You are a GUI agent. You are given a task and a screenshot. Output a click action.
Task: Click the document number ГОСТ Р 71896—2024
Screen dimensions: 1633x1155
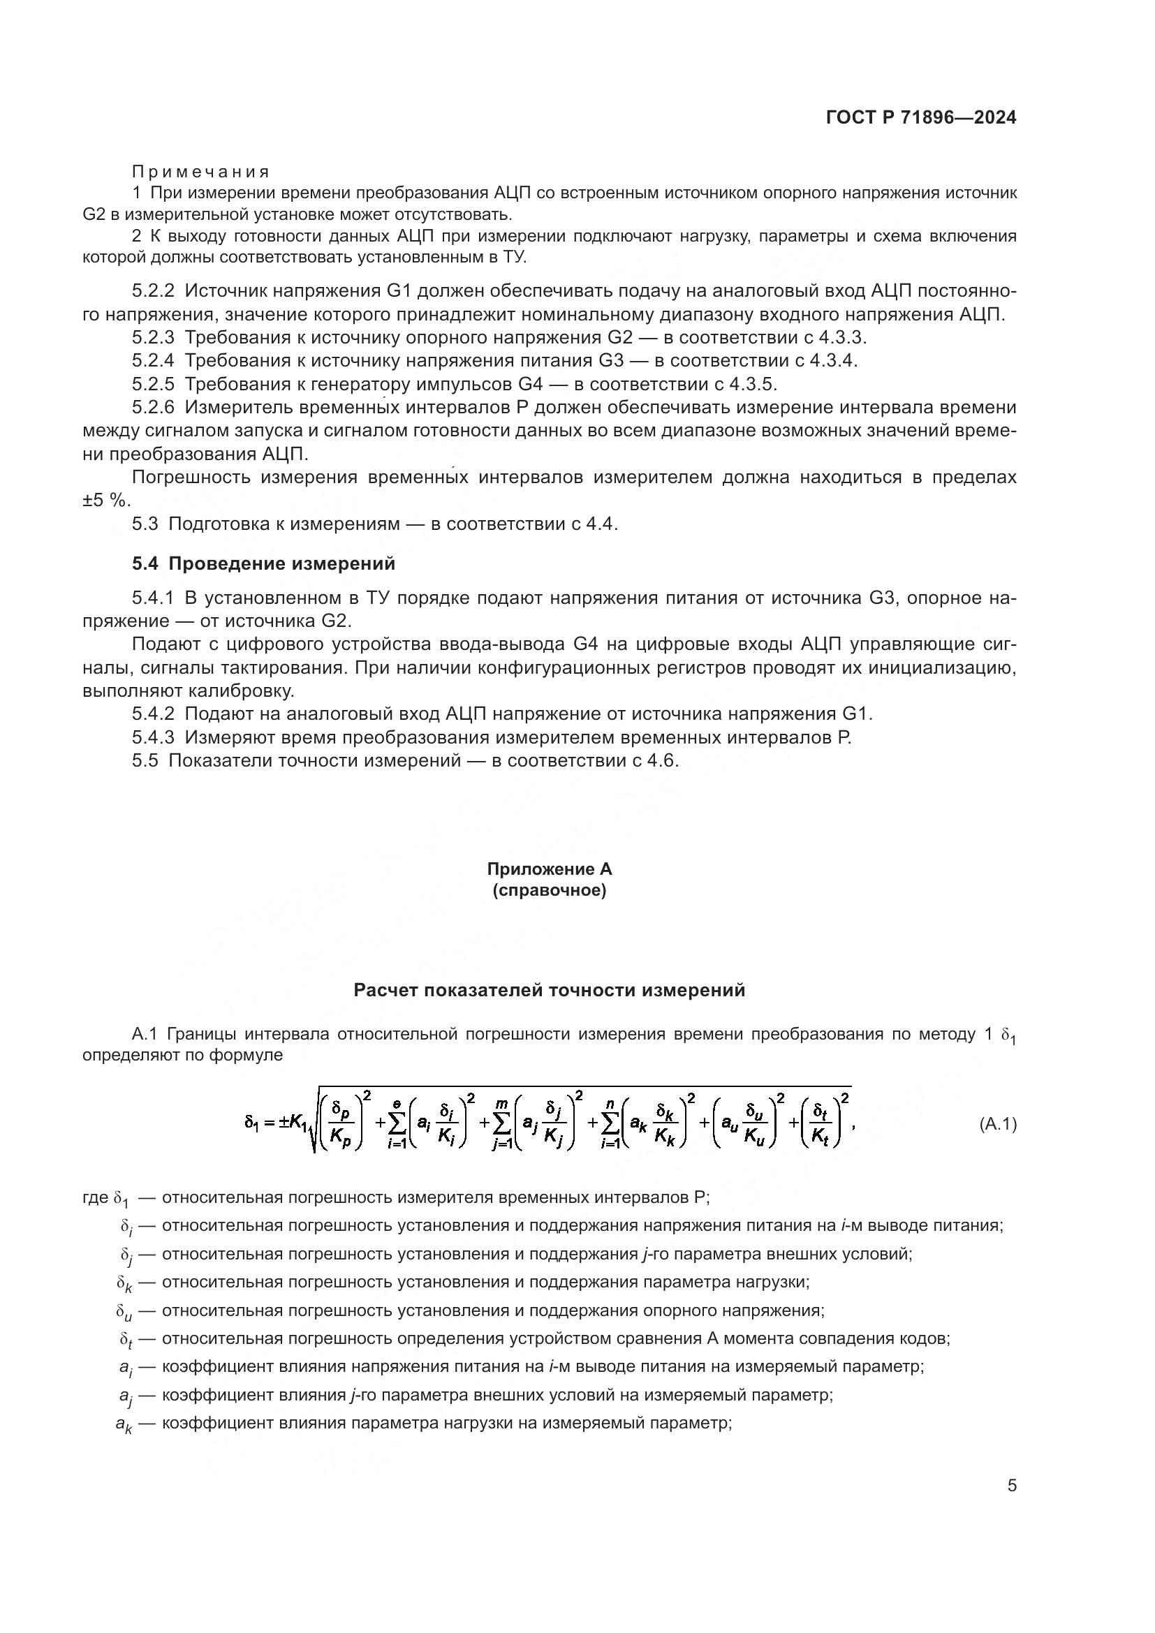point(921,117)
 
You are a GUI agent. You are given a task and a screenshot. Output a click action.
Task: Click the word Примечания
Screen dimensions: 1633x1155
point(200,172)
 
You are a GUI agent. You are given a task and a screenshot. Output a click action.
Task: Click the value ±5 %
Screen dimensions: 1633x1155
point(106,500)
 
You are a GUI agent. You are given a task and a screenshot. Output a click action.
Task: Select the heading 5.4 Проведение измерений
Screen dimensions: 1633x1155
point(263,564)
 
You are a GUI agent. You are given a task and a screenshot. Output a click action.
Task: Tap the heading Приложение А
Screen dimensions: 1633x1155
point(549,869)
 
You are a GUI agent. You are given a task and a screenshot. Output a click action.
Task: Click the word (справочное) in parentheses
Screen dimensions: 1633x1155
point(549,890)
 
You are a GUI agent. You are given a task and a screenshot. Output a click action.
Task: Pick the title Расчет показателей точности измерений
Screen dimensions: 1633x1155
point(549,990)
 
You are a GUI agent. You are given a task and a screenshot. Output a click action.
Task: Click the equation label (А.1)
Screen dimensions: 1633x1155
point(998,1125)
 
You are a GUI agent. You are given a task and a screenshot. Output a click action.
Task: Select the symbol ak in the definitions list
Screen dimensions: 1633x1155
point(124,1425)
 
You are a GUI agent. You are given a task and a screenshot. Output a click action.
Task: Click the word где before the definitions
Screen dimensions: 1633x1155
point(95,1198)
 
